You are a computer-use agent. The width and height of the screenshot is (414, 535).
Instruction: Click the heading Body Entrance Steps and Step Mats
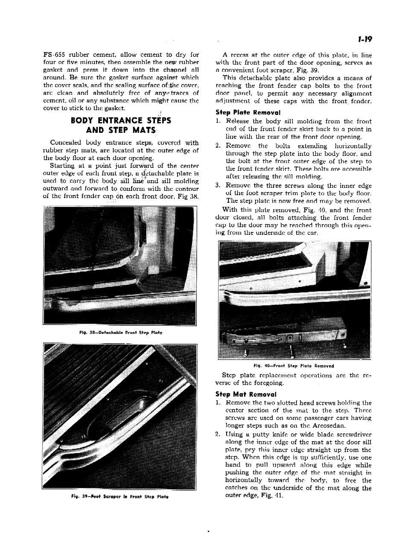pyautogui.click(x=121, y=125)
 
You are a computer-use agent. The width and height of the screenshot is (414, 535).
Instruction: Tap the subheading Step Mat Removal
pyautogui.click(x=246, y=395)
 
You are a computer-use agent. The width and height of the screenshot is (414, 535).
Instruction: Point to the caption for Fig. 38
pyautogui.click(x=120, y=332)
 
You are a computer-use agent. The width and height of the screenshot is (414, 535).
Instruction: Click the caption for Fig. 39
pyautogui.click(x=120, y=497)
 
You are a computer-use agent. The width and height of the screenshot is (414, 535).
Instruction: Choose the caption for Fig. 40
pyautogui.click(x=293, y=366)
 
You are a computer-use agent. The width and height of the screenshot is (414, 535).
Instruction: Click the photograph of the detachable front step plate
pyautogui.click(x=120, y=265)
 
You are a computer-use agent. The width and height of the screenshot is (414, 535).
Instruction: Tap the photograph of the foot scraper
pyautogui.click(x=120, y=416)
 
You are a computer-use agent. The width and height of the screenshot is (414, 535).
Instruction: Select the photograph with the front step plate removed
pyautogui.click(x=294, y=300)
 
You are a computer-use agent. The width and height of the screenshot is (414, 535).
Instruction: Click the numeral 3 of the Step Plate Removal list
pyautogui.click(x=218, y=185)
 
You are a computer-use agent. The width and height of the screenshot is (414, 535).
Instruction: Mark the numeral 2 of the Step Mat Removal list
pyautogui.click(x=218, y=434)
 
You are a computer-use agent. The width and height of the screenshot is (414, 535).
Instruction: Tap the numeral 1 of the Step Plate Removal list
pyautogui.click(x=218, y=121)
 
